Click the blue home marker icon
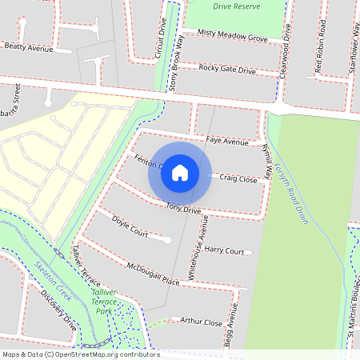pyautogui.click(x=180, y=173)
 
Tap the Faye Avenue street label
pyautogui.click(x=227, y=141)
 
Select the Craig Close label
pyautogui.click(x=238, y=179)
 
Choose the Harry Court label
pyautogui.click(x=224, y=250)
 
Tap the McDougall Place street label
pyautogui.click(x=153, y=273)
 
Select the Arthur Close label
pyautogui.click(x=201, y=322)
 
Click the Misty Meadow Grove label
pyautogui.click(x=233, y=38)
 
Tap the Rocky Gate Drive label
pyautogui.click(x=227, y=70)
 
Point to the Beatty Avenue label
pyautogui.click(x=28, y=48)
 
